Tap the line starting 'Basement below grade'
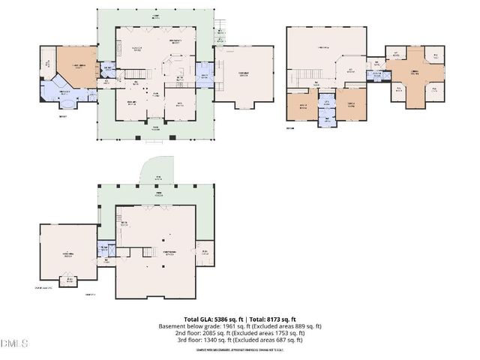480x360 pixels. coord(240,326)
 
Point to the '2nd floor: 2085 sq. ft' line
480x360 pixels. coord(240,333)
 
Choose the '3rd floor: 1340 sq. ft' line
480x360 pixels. coord(240,340)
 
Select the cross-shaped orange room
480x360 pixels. coord(413,73)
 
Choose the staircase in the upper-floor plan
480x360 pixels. coord(304,76)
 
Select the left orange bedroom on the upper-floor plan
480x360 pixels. coord(304,105)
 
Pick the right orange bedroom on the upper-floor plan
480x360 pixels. coord(350,105)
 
